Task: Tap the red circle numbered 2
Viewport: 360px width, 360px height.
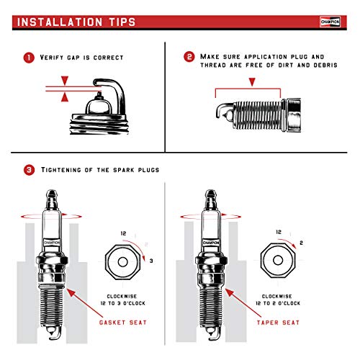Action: (x=189, y=57)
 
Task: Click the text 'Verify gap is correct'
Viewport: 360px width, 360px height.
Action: (x=84, y=57)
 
